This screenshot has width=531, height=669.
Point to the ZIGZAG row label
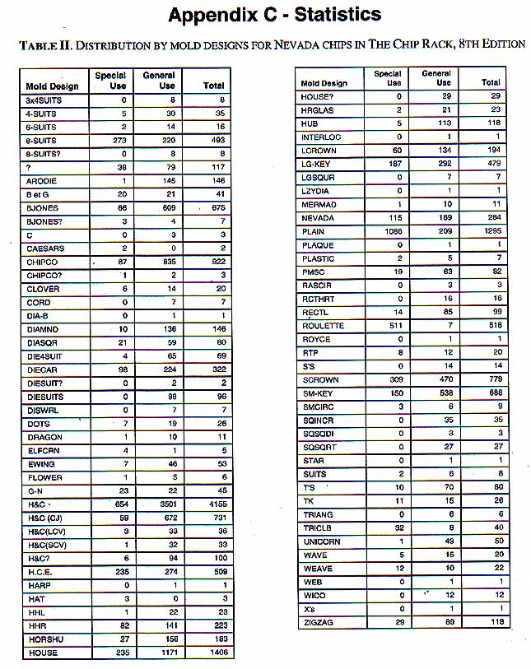coord(318,623)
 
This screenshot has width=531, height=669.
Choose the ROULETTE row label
coord(323,327)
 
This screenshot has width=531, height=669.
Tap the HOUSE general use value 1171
coord(161,653)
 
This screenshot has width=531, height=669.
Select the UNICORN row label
coord(320,541)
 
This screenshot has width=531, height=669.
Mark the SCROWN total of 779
coord(492,380)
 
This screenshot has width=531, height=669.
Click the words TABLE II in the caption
coord(38,44)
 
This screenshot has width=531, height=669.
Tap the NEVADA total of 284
coord(492,218)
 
